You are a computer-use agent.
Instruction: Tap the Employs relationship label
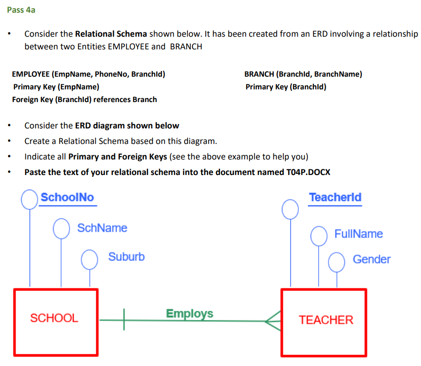tap(189, 314)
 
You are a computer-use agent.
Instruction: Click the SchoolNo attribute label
tap(67, 198)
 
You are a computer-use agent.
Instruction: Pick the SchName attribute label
tap(102, 228)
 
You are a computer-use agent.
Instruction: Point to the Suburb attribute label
tap(126, 257)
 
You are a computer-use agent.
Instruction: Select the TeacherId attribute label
tap(335, 198)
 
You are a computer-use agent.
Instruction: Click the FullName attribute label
tap(358, 234)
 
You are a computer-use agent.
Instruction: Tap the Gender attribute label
tap(371, 259)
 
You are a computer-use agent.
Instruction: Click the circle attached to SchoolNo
tap(30, 199)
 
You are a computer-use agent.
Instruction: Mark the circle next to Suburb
tap(89, 259)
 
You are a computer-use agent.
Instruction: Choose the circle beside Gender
tap(336, 262)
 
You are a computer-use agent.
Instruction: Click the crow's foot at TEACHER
tap(273, 321)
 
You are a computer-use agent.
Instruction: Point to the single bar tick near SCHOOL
tap(124, 320)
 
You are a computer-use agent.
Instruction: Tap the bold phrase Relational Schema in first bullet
tap(111, 34)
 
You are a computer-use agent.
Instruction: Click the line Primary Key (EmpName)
tap(56, 87)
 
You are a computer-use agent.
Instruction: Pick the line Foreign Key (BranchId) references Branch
tap(85, 99)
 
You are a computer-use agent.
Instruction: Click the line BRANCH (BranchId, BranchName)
tap(303, 74)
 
